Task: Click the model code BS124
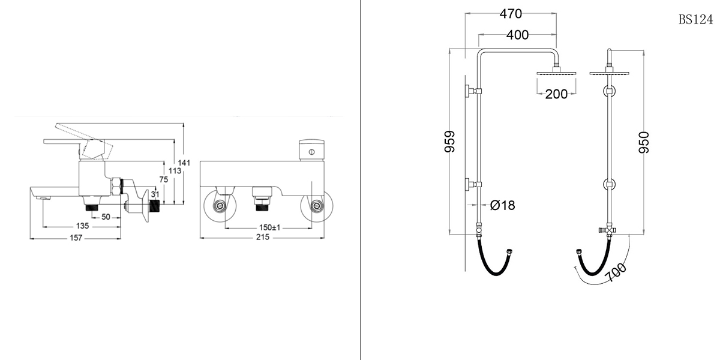[695, 20]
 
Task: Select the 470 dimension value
[511, 14]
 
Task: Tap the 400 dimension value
[517, 35]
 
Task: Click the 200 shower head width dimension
[556, 94]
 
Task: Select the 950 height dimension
[644, 142]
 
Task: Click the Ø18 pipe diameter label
[502, 205]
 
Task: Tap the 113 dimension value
[176, 171]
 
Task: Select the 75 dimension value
[164, 179]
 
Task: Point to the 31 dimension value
[155, 194]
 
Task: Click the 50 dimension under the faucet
[106, 217]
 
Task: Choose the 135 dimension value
[83, 226]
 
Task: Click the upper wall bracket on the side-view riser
[470, 91]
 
